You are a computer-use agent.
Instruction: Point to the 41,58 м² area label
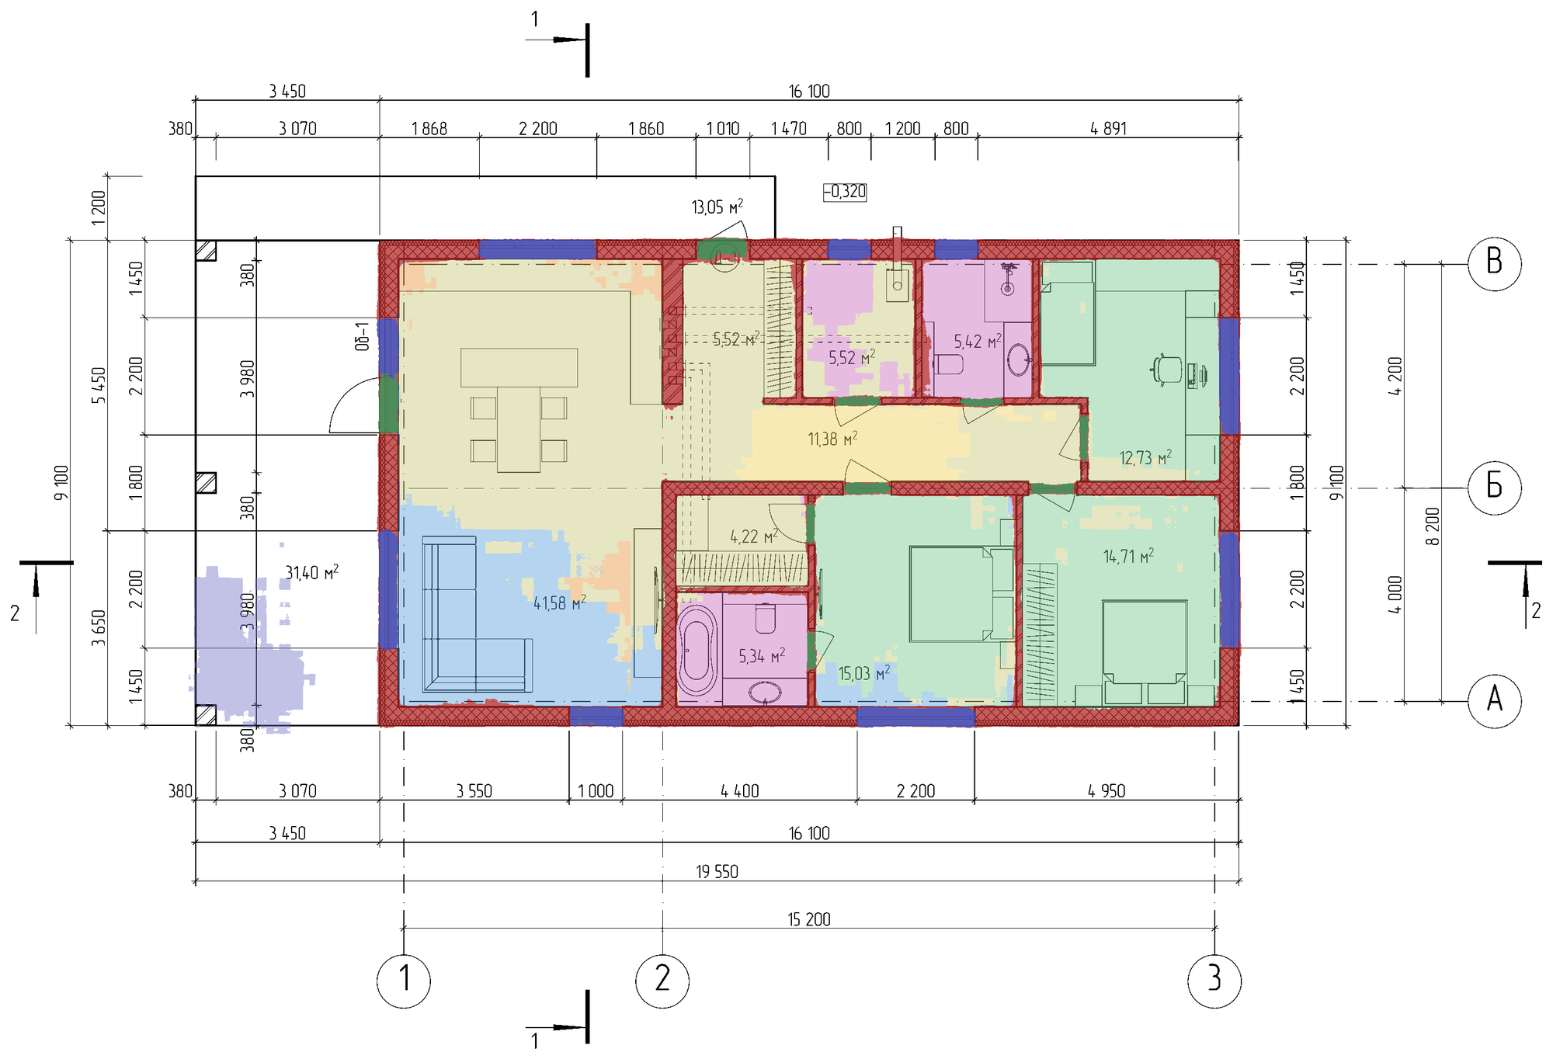(x=559, y=602)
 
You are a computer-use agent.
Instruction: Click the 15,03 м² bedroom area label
(x=864, y=672)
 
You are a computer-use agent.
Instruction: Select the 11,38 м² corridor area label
(x=832, y=439)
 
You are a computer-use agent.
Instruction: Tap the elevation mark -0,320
(x=845, y=192)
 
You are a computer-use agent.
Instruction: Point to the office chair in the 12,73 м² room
(x=1166, y=370)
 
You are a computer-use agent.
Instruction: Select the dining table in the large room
(x=519, y=410)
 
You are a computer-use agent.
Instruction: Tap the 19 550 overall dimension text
(x=717, y=872)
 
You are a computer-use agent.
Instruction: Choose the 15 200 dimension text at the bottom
(x=809, y=919)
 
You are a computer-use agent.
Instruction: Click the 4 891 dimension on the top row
(x=1108, y=129)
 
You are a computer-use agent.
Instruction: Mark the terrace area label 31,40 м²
(x=311, y=573)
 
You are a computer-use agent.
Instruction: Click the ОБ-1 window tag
(x=363, y=336)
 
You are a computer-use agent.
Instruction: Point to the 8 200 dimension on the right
(x=1433, y=526)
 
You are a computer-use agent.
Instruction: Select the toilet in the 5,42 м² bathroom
(x=948, y=364)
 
